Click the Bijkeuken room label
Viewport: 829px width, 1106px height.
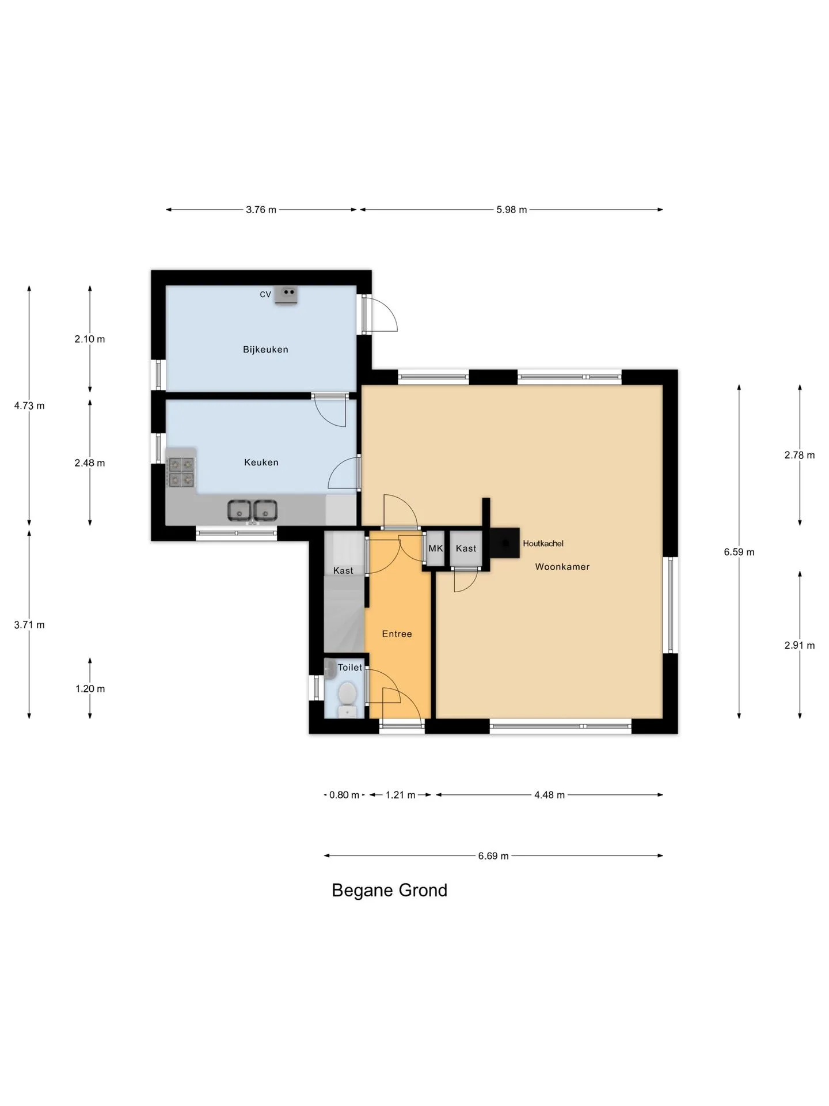pos(265,350)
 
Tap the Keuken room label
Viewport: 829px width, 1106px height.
pos(261,463)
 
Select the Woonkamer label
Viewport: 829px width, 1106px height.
pos(562,567)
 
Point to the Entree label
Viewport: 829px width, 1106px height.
pos(397,634)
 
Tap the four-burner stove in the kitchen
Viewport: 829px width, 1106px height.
pos(181,472)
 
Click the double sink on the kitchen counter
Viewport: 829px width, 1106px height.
pos(252,511)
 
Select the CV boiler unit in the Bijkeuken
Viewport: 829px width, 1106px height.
pos(286,295)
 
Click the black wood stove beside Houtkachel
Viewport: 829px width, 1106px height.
pos(505,543)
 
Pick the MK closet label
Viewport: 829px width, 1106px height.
pos(436,548)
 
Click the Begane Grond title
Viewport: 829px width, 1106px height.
pos(390,891)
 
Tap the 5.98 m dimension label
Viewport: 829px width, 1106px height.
pos(512,210)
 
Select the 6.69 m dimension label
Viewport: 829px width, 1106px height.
pos(493,856)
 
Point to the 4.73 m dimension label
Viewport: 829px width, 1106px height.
pos(29,406)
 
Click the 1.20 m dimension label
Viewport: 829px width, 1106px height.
pos(90,689)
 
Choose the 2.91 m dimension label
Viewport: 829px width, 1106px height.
pos(800,645)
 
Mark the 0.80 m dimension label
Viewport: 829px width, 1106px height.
pos(344,795)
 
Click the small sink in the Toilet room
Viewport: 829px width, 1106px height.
pos(330,669)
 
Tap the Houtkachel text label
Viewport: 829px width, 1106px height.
pos(543,543)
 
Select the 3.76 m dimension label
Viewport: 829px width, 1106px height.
pos(261,210)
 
